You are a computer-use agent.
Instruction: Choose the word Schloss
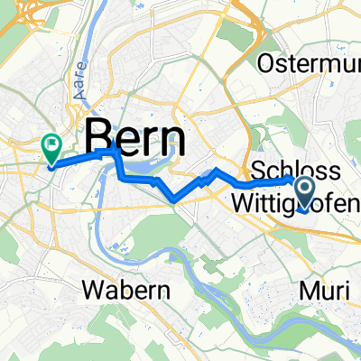295,171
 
